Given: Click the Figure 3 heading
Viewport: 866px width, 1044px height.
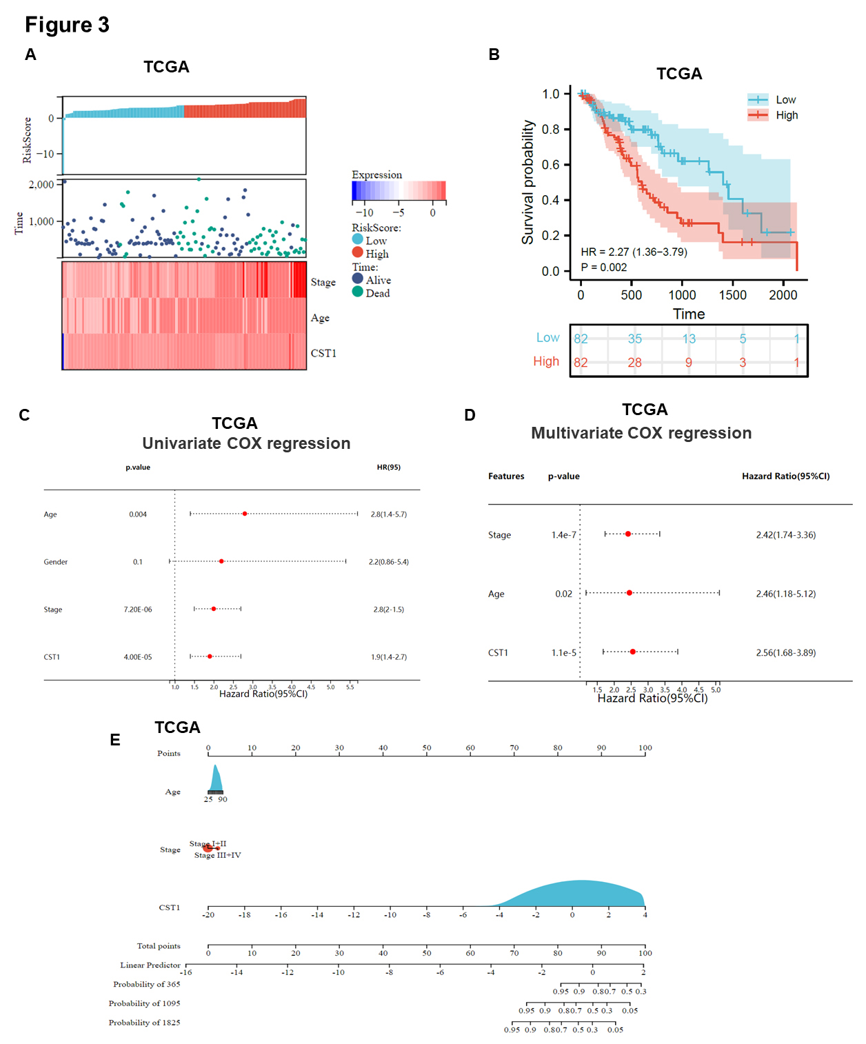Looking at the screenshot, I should coord(67,25).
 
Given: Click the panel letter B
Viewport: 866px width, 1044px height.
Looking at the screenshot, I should coord(494,54).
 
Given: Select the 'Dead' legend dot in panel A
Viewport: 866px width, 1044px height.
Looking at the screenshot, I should coord(357,292).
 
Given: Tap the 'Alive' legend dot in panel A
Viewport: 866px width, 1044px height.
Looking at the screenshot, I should coord(357,279).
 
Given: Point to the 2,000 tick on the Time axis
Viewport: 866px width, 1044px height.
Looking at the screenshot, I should coord(41,185).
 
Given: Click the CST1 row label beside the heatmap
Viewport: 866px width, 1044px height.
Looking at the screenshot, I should coord(323,353).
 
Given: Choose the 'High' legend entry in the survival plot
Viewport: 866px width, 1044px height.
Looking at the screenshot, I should coord(786,115).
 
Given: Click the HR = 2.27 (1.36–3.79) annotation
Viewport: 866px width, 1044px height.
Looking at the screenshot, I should coord(634,252).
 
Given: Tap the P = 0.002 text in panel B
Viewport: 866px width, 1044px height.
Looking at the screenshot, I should coord(604,268).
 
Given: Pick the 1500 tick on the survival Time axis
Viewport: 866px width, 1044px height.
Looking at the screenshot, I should coord(732,295).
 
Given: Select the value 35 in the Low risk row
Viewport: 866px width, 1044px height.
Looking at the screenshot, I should coord(634,339).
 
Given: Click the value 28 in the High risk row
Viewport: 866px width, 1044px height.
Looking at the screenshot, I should coord(634,362).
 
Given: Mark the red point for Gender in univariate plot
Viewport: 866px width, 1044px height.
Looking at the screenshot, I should coord(221,561).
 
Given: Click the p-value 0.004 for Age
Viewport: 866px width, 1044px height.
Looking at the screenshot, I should coord(138,514).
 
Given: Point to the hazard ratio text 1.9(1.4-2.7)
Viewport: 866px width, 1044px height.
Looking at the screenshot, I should coord(389,657).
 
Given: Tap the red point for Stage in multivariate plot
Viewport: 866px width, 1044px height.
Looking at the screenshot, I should coord(628,534).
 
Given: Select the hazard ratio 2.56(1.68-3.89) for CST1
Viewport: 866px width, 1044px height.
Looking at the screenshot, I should coord(785,652).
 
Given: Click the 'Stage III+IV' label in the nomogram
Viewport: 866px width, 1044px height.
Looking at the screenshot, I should coord(218,855).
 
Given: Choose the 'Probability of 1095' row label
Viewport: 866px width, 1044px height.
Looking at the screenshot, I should coord(144,1003).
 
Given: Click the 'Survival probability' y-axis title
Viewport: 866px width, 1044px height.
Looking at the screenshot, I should coord(528,182).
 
